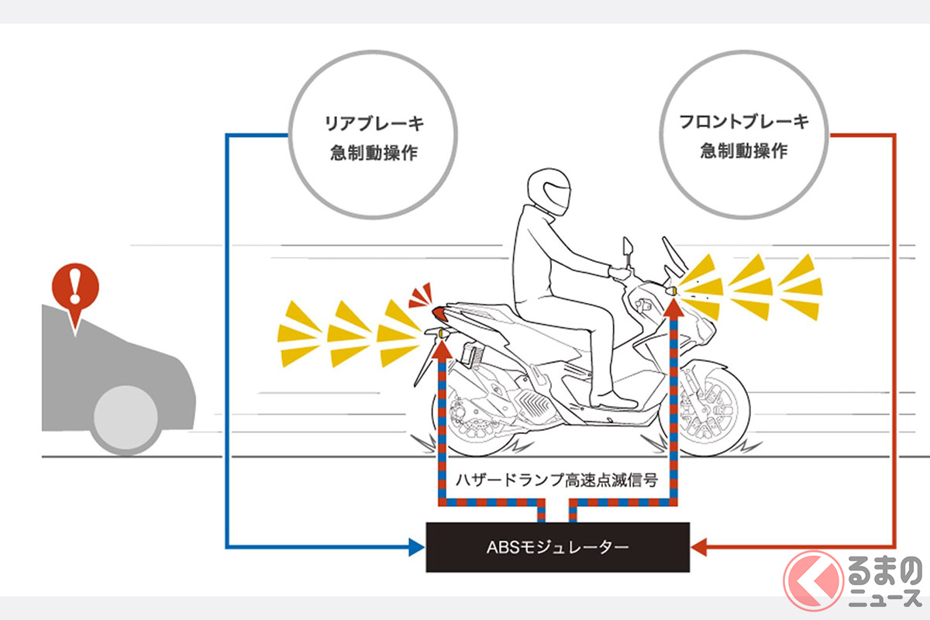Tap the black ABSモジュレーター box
pos(557,547)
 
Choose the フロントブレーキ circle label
pos(743,136)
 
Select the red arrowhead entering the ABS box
pos(697,548)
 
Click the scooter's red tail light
pos(439,313)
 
